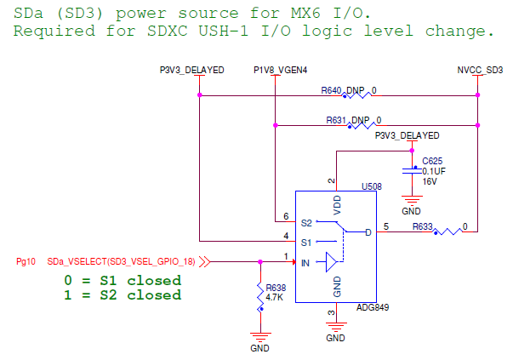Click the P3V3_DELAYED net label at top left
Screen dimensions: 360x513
[192, 70]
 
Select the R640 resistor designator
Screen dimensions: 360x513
[332, 89]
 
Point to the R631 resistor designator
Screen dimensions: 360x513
[337, 120]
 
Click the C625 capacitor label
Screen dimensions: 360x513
[432, 160]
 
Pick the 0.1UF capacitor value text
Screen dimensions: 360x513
[435, 170]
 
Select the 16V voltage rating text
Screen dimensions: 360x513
[430, 180]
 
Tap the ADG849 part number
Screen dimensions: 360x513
[373, 307]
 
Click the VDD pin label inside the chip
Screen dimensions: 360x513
[337, 205]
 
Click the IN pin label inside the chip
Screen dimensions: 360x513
[305, 263]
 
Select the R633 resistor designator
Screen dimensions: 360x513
[423, 227]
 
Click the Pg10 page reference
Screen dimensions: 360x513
[26, 262]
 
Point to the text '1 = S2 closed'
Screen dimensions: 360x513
[123, 295]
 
